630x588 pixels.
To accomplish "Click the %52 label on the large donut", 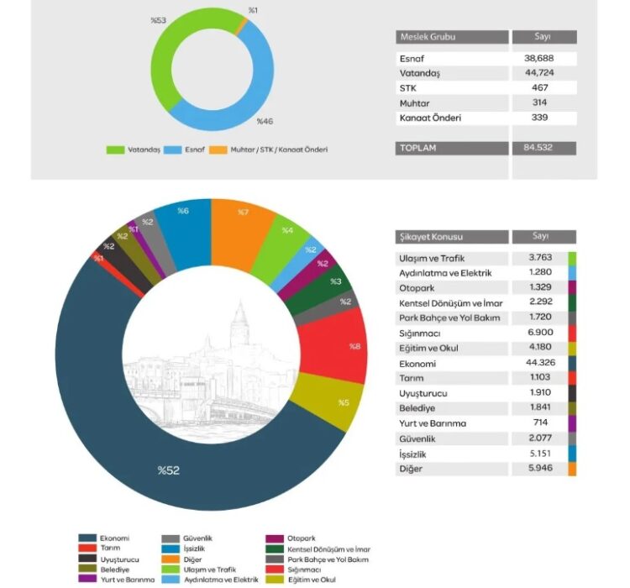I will pos(168,470).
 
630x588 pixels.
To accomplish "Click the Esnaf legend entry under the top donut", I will pos(192,150).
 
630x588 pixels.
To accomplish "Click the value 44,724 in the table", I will pos(543,74).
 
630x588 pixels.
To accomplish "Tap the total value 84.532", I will pos(543,148).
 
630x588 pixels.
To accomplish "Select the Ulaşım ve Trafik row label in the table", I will pos(432,258).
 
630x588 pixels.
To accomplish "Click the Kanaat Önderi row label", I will pos(430,118).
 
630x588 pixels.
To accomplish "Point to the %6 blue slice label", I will pos(181,212).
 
